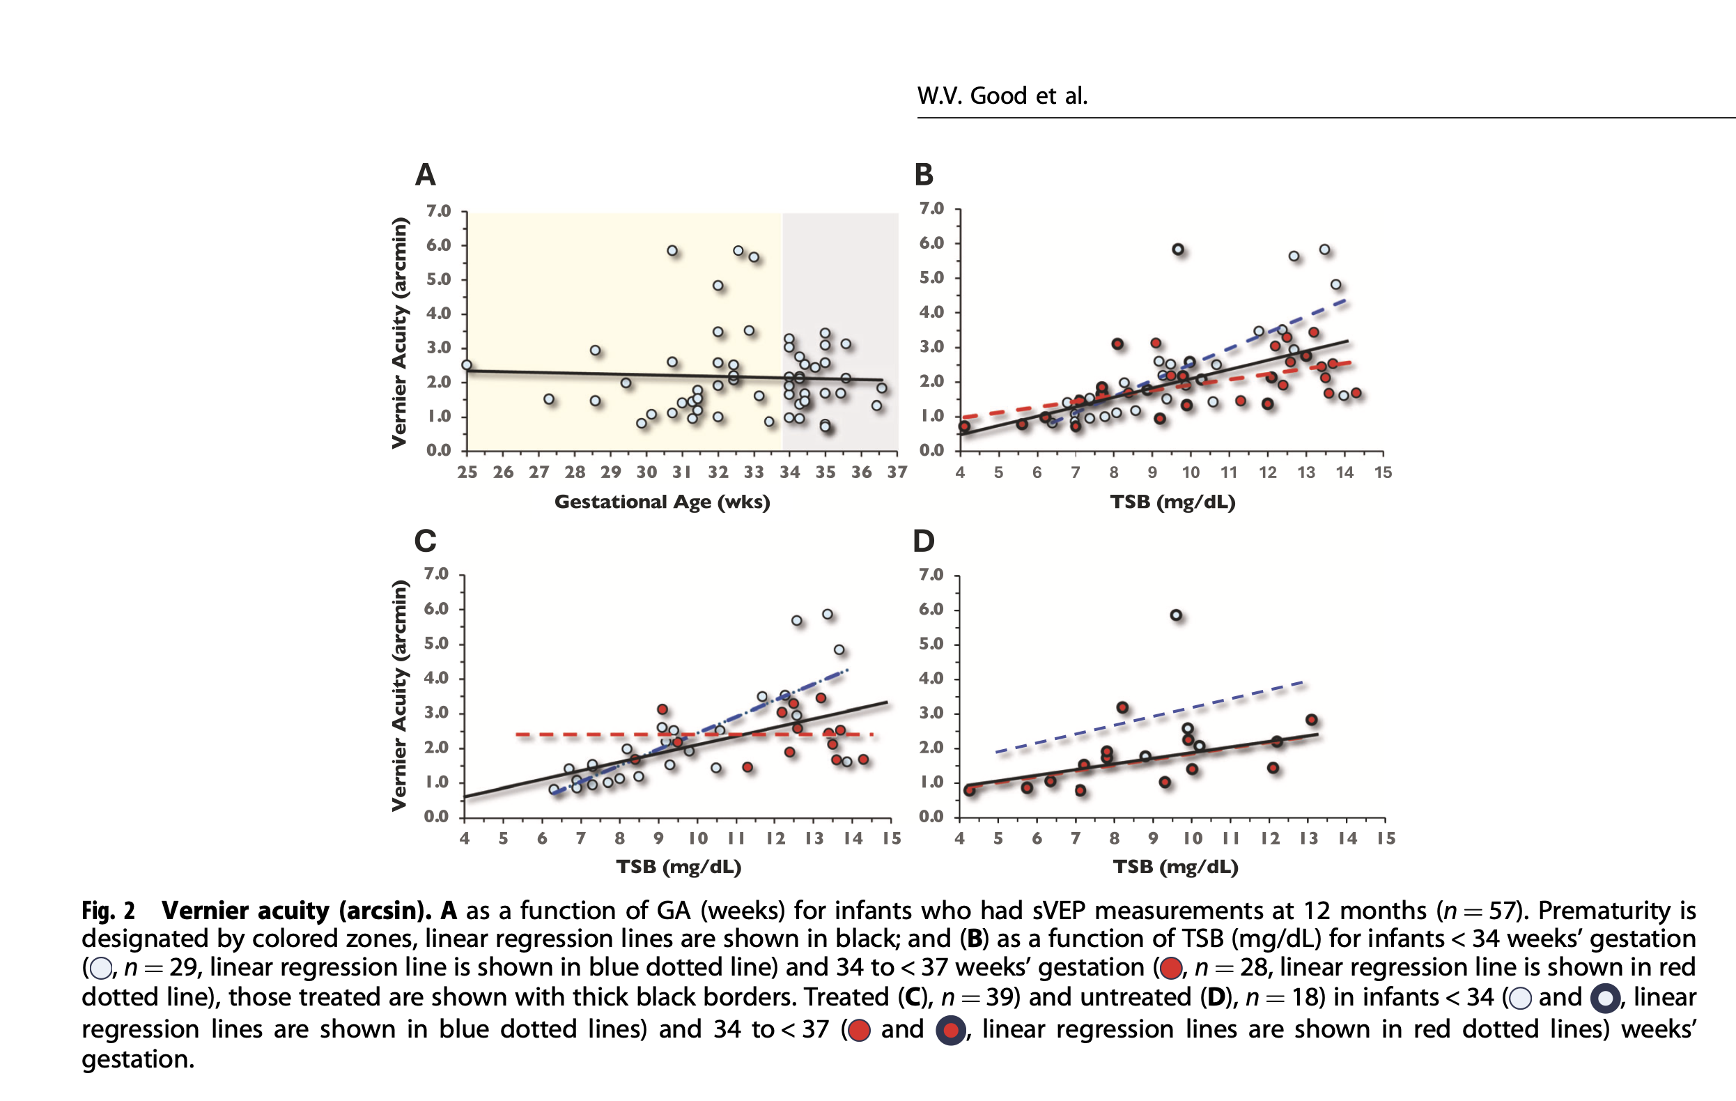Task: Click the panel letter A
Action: pos(426,175)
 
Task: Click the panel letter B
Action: pos(924,175)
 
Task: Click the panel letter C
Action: pos(426,541)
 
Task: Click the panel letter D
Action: pos(924,541)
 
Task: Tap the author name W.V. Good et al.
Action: pos(1001,96)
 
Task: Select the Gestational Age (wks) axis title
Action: pos(662,502)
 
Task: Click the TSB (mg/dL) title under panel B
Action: pos(1172,502)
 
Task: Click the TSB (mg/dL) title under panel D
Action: pos(1175,867)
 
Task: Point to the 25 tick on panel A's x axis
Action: pos(467,472)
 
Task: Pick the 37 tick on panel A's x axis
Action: pos(897,472)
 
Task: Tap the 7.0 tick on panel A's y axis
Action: pos(438,211)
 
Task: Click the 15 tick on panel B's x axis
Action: pos(1383,472)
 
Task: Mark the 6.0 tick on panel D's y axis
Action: pos(931,609)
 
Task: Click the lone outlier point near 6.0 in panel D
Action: pos(1176,615)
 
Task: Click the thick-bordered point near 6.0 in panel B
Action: pos(1178,249)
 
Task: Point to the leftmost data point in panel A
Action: pos(467,365)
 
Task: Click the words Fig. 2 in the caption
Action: pos(108,911)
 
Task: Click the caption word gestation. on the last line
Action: pos(138,1058)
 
